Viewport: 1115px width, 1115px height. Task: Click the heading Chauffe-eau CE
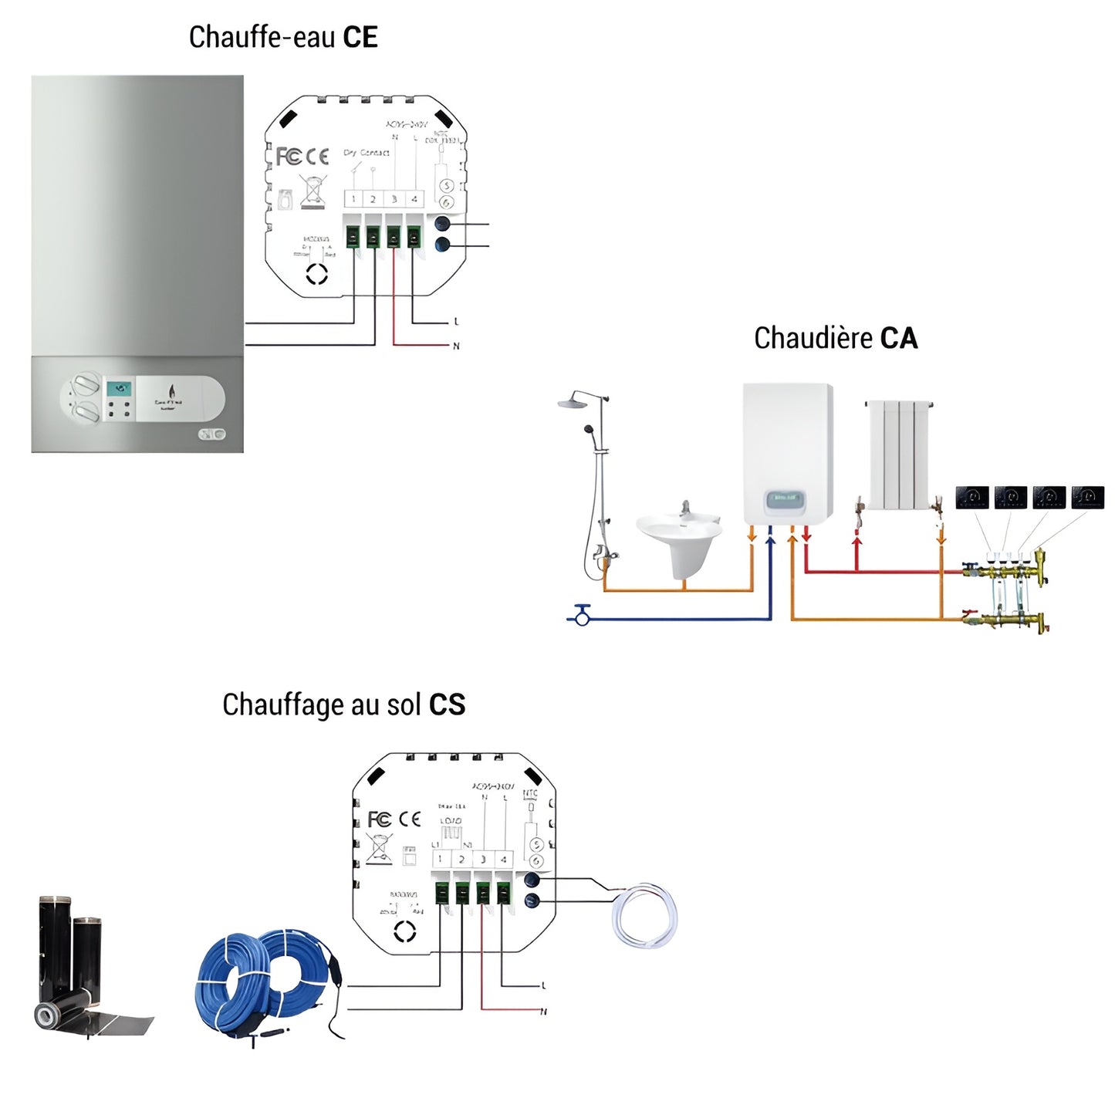pos(283,37)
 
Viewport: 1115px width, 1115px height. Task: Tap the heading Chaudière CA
pos(836,338)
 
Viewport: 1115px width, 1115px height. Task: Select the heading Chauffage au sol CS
pos(343,704)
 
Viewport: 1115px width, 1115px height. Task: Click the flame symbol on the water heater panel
pos(171,391)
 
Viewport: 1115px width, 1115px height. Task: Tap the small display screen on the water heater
pos(118,390)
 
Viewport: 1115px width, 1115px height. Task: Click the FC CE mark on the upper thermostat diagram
pos(302,157)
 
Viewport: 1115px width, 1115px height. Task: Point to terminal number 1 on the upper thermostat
pos(353,199)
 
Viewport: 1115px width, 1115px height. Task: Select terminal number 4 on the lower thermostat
pos(503,859)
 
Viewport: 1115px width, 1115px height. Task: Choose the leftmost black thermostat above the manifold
pos(971,497)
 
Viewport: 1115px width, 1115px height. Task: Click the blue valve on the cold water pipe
pos(582,615)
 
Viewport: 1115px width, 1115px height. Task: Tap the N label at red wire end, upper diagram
pos(456,346)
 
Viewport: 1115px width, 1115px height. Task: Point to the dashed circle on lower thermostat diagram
pos(404,932)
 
